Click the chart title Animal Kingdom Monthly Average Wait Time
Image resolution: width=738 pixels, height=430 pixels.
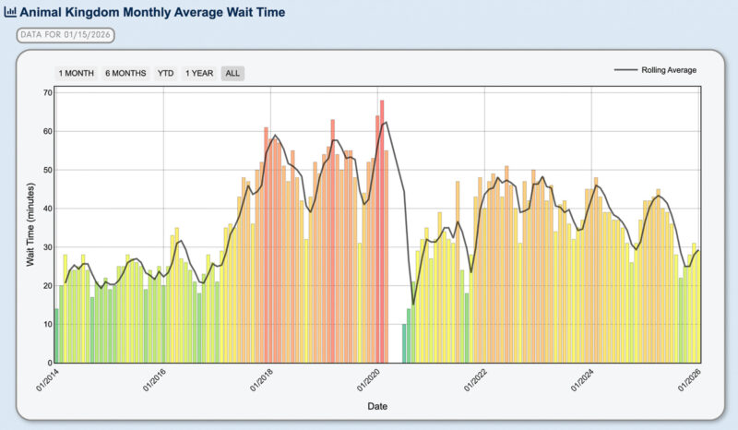click(x=153, y=13)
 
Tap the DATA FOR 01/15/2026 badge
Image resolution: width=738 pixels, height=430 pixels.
click(x=65, y=35)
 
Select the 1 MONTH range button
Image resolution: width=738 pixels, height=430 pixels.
click(x=76, y=73)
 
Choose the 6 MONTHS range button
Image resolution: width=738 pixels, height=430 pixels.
click(x=125, y=73)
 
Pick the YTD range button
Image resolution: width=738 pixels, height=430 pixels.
click(x=166, y=73)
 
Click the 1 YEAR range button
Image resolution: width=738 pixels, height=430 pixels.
click(x=199, y=73)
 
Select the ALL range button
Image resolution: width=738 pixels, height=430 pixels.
click(x=232, y=73)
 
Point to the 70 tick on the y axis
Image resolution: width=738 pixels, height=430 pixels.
click(x=46, y=92)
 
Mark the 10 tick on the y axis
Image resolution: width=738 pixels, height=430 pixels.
click(x=46, y=325)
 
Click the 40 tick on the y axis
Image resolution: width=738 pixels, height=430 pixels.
click(x=46, y=209)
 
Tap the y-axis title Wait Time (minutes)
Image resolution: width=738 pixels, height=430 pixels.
click(x=30, y=226)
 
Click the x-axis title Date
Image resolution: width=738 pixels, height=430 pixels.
click(x=377, y=406)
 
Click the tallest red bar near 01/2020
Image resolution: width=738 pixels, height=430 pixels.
click(x=382, y=231)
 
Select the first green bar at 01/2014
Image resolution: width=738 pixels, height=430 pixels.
click(x=56, y=336)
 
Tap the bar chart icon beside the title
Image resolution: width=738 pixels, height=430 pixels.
click(x=10, y=13)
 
